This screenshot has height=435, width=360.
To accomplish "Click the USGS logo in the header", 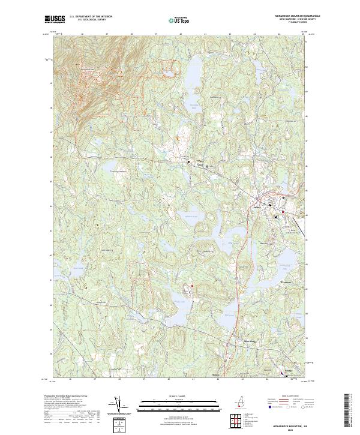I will [55, 19].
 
